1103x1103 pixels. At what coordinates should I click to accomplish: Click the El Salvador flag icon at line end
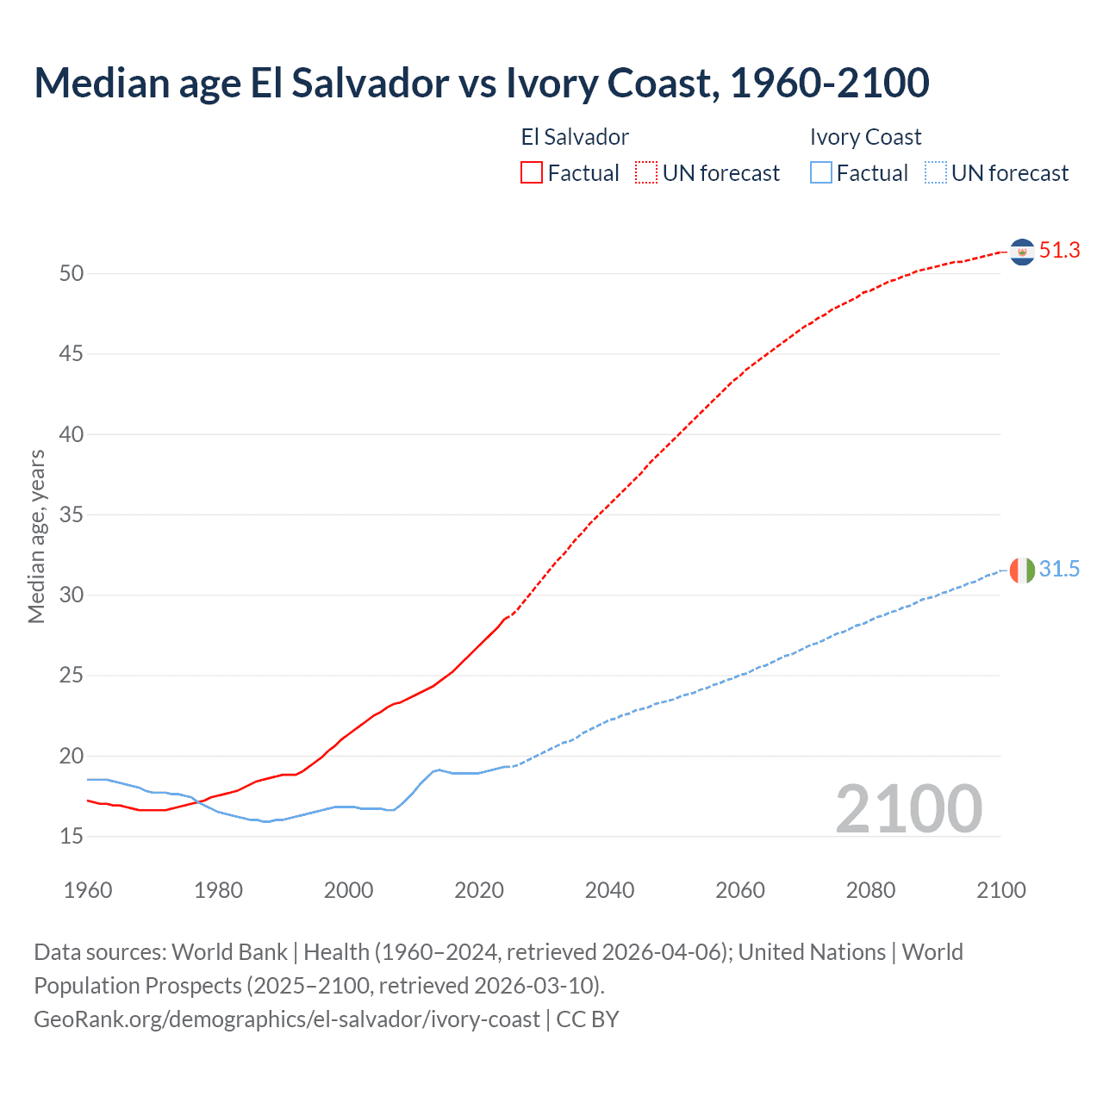click(x=1022, y=252)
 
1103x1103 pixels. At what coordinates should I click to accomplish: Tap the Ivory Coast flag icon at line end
click(x=1022, y=570)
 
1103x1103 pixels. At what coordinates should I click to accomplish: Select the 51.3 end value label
click(x=1059, y=251)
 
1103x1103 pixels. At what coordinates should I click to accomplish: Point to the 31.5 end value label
click(x=1059, y=569)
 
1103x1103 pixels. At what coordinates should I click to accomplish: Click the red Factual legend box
click(x=532, y=172)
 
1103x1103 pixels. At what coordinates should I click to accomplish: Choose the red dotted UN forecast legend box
click(x=646, y=172)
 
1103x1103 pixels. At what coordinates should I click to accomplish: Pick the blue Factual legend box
click(x=821, y=172)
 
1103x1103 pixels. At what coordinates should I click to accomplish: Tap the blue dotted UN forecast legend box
click(x=935, y=172)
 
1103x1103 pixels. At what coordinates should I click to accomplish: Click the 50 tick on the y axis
click(x=72, y=274)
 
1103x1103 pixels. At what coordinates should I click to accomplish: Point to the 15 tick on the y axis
click(x=72, y=837)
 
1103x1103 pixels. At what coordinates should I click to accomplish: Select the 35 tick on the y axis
click(x=72, y=515)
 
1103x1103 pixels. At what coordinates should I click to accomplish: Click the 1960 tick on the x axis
click(x=88, y=890)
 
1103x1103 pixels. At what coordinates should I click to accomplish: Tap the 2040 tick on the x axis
click(x=609, y=890)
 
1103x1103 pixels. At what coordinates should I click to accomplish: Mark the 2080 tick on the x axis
click(x=870, y=890)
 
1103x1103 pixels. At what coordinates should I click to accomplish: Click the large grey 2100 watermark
click(x=908, y=808)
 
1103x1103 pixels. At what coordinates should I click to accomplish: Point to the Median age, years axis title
click(x=36, y=536)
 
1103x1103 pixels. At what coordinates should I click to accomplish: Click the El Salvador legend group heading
click(x=575, y=137)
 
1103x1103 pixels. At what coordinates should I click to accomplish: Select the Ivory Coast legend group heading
click(x=865, y=137)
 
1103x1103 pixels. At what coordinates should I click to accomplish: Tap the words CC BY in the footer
click(x=588, y=1019)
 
